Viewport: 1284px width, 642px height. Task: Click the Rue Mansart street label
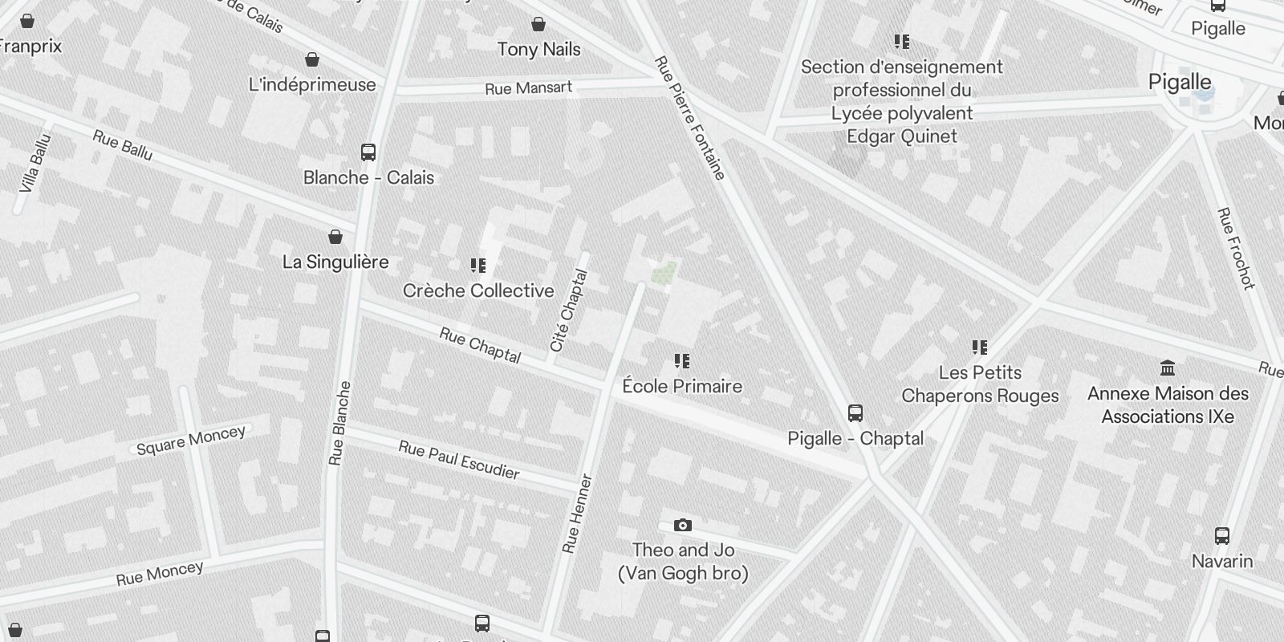click(528, 87)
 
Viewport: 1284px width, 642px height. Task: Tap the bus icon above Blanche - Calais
click(368, 152)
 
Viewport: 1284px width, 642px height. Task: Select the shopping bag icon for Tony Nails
click(538, 25)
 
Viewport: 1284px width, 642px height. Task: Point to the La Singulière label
click(335, 262)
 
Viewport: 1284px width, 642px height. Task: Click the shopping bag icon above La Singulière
click(335, 237)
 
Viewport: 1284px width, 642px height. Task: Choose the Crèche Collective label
click(478, 291)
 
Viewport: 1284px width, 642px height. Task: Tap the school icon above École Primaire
click(682, 361)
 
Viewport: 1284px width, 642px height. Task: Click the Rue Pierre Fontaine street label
click(690, 117)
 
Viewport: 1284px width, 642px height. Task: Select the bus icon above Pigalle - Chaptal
click(855, 413)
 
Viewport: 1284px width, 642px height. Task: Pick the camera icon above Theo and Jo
click(683, 526)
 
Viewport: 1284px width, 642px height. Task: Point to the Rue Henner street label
click(578, 514)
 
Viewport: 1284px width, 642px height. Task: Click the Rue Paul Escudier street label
click(459, 460)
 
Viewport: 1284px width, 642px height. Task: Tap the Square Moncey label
click(191, 440)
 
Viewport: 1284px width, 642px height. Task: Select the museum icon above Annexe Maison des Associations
click(1168, 368)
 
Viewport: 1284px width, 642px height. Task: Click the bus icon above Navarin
click(1222, 536)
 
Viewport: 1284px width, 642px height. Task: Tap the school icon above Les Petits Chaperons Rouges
click(980, 347)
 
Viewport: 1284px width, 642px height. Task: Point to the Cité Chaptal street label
click(569, 311)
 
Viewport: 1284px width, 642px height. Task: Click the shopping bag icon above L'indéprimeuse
click(312, 60)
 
